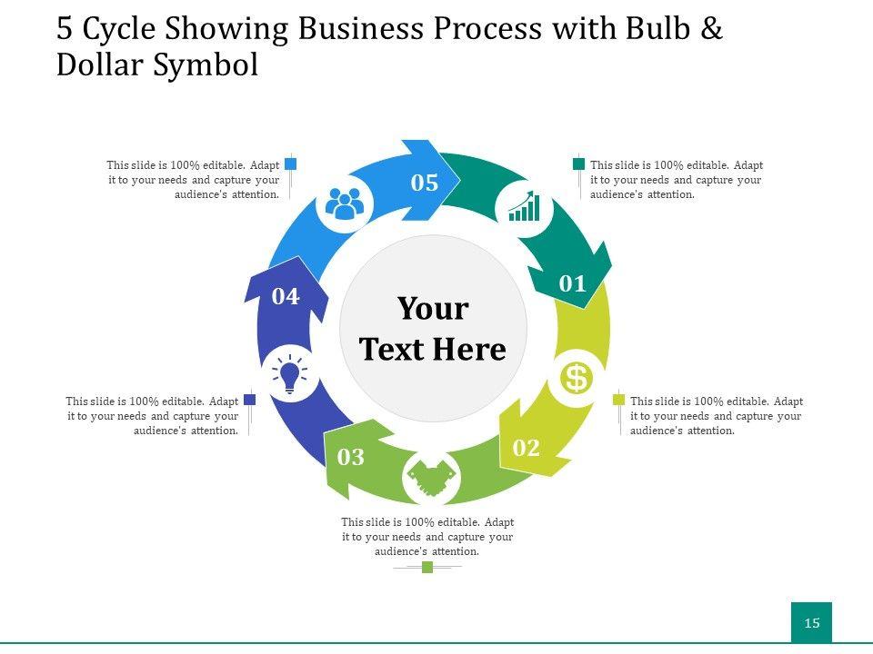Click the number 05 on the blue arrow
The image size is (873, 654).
pyautogui.click(x=425, y=183)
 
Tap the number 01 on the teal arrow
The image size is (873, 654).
pyautogui.click(x=573, y=283)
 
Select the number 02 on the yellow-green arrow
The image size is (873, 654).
pyautogui.click(x=527, y=447)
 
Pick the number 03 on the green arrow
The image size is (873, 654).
pyautogui.click(x=351, y=457)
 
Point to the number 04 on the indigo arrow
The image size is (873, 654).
pyautogui.click(x=286, y=296)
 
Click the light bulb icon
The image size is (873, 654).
pyautogui.click(x=289, y=374)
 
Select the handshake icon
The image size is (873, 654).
pyautogui.click(x=431, y=478)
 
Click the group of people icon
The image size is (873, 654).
pyautogui.click(x=345, y=203)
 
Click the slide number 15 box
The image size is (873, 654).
pyautogui.click(x=811, y=622)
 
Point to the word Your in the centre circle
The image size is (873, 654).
pyautogui.click(x=433, y=309)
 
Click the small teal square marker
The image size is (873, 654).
pyautogui.click(x=578, y=164)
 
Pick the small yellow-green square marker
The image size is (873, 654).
pyautogui.click(x=618, y=400)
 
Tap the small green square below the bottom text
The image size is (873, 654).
pyautogui.click(x=427, y=568)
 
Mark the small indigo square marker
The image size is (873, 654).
pyautogui.click(x=250, y=400)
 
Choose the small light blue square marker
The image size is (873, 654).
pyautogui.click(x=291, y=164)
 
